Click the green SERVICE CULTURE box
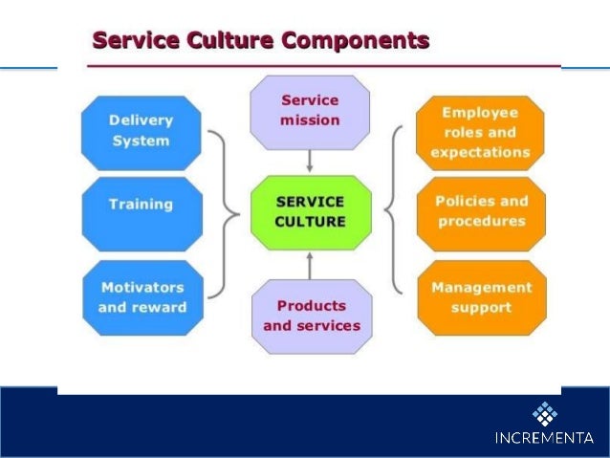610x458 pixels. coord(310,211)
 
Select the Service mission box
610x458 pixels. coord(309,110)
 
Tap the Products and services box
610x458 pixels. coord(312,316)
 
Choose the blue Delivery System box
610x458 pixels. coord(141,131)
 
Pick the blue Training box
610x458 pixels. coord(141,204)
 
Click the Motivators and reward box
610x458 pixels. coord(142,297)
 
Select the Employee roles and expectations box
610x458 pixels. coord(480,132)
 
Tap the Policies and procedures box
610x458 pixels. coord(481,211)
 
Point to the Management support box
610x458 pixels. coord(481,297)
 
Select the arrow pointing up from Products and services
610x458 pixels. coord(310,263)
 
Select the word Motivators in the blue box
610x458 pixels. coord(142,287)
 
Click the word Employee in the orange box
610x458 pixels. coord(480,112)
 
